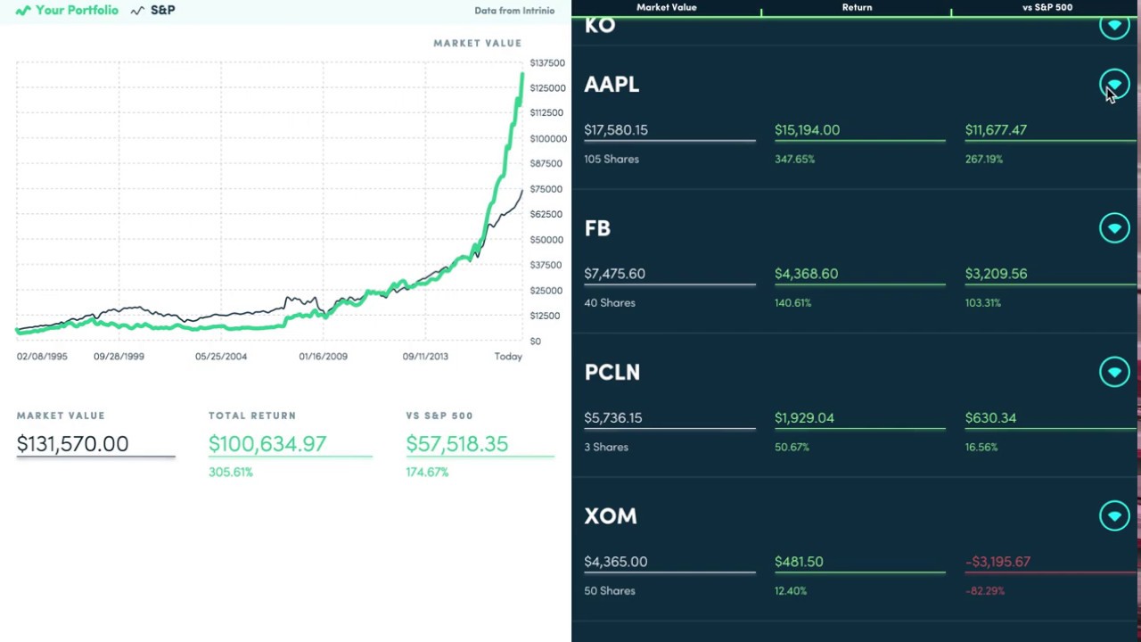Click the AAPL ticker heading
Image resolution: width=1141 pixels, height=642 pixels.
tap(612, 84)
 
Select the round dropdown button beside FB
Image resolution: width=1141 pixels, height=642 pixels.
tap(1114, 228)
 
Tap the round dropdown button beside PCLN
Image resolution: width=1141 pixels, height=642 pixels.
tap(1114, 372)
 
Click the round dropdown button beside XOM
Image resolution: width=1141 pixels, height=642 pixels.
tap(1114, 515)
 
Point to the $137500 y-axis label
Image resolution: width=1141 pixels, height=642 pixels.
tap(547, 62)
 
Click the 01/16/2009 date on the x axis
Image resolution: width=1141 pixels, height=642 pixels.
tap(323, 357)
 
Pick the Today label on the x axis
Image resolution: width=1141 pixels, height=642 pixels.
tap(508, 357)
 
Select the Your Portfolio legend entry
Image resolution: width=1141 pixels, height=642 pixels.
tap(68, 11)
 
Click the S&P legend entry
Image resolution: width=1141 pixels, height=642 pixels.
tap(153, 11)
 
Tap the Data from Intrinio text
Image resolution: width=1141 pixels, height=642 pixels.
tap(514, 11)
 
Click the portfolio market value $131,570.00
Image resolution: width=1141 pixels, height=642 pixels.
tap(72, 444)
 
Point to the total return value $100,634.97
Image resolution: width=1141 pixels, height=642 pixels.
tap(267, 444)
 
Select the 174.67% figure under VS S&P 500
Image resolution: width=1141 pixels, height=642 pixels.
tap(427, 472)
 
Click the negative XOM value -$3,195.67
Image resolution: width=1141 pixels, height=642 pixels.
tap(997, 562)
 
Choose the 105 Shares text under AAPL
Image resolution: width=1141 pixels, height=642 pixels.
tap(612, 159)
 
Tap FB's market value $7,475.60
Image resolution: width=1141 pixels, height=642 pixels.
tap(614, 274)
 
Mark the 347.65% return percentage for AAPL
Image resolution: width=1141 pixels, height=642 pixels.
tap(794, 159)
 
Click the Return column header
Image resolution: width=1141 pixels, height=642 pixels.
tap(857, 7)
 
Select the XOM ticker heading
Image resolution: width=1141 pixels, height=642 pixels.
tap(611, 515)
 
